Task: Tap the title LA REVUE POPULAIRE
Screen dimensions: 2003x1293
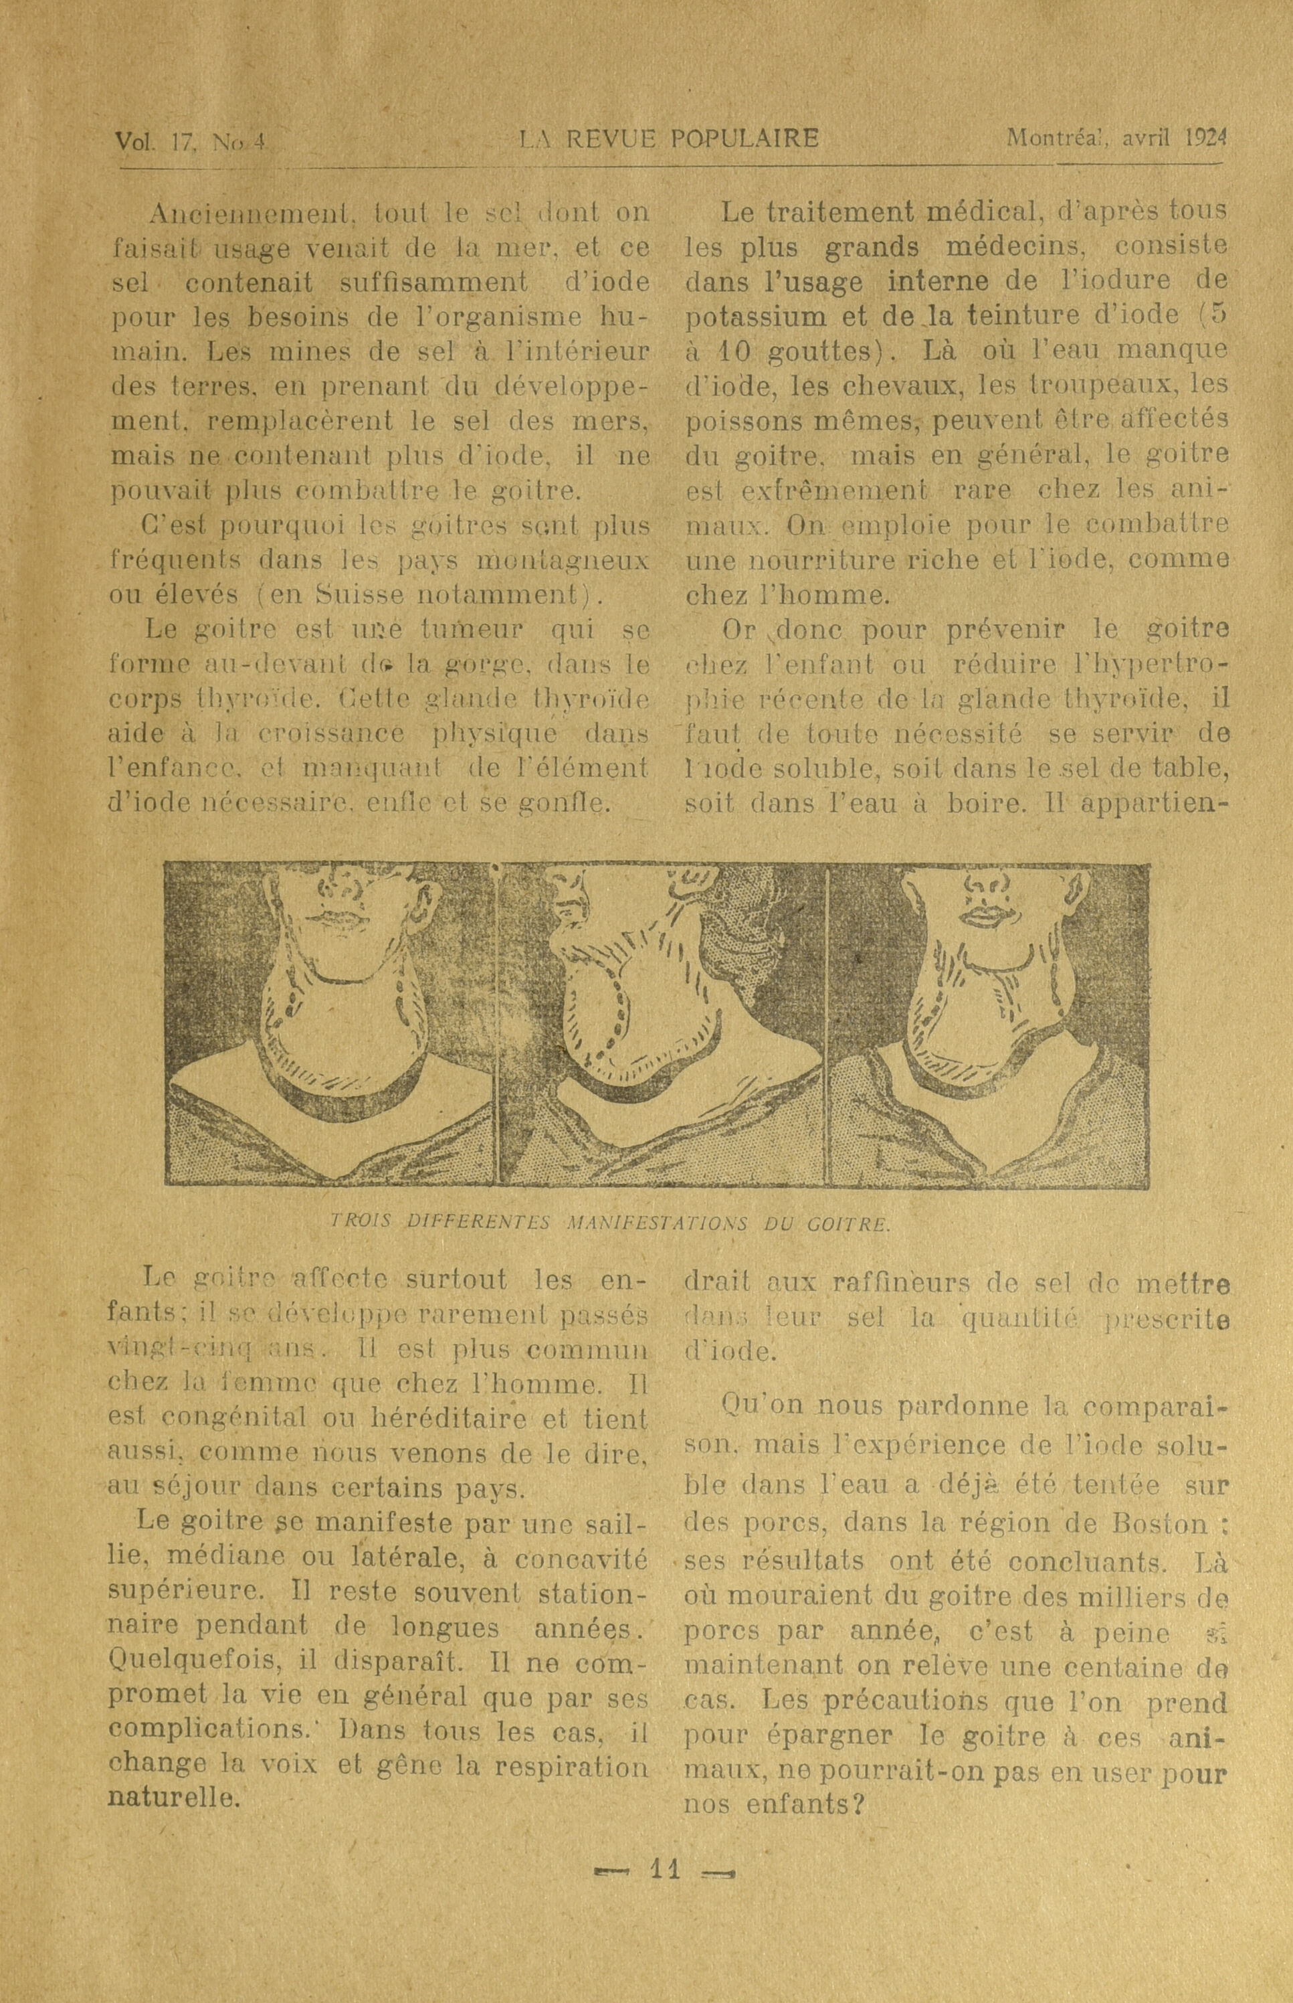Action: [x=669, y=138]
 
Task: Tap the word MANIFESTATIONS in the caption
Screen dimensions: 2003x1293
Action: [x=659, y=1223]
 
